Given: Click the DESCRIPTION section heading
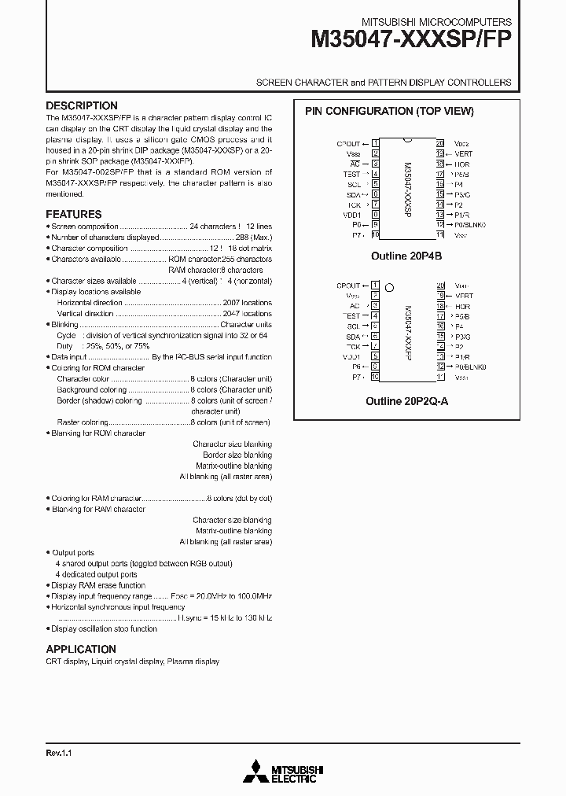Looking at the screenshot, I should coord(82,106).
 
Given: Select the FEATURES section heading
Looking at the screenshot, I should coord(74,214).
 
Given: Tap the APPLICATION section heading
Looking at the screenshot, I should coord(81,649).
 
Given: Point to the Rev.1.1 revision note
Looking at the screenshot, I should coord(59,754).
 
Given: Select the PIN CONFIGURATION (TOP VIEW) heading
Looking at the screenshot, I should coord(390,112).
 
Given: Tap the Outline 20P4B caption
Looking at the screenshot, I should coord(406,256).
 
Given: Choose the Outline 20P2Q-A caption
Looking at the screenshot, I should coord(406,400).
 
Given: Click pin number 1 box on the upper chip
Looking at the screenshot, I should coord(376,143).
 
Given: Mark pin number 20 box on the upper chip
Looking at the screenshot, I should coord(439,143).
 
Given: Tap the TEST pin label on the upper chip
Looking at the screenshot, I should coord(351,174).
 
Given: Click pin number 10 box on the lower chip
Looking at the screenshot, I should coord(376,377).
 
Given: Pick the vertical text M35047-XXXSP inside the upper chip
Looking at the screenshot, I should coord(406,189).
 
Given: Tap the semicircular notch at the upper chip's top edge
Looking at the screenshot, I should coord(407,141).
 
